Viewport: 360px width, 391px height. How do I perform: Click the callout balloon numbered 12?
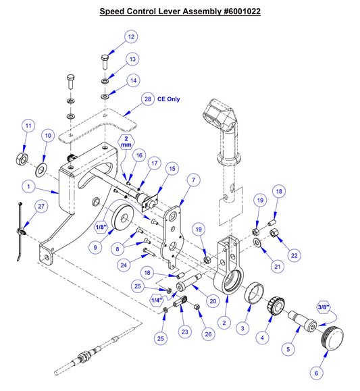[x=130, y=36]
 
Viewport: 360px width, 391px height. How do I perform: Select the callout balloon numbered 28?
[x=147, y=99]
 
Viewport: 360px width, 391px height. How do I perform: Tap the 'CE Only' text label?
[x=169, y=99]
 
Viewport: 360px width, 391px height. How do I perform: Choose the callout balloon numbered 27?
[x=41, y=207]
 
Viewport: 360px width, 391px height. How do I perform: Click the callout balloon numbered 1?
[x=28, y=184]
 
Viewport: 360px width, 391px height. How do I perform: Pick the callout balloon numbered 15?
[x=172, y=168]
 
